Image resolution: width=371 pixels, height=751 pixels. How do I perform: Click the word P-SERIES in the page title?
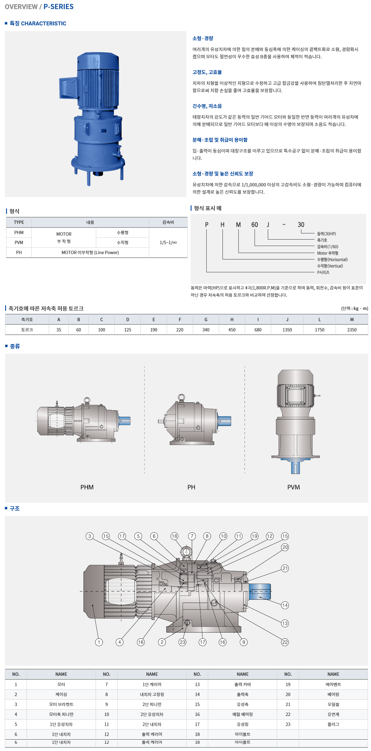[58, 7]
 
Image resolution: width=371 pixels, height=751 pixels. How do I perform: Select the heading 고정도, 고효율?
[207, 72]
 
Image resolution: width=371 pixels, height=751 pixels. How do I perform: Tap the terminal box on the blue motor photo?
[68, 87]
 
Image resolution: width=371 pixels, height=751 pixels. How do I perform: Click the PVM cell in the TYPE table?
[19, 243]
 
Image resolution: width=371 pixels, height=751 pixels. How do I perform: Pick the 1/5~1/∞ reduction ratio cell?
[168, 243]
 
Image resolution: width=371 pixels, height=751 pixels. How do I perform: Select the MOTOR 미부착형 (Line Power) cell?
[90, 253]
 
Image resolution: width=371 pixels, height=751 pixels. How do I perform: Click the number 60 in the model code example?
[254, 225]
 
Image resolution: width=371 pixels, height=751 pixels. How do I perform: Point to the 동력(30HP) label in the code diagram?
[326, 234]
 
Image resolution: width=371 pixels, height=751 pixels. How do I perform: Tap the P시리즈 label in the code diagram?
[323, 272]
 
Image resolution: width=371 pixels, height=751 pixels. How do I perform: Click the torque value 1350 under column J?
[287, 330]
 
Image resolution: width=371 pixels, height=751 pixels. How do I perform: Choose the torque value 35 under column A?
[59, 330]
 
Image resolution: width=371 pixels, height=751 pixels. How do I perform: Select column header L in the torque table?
[319, 320]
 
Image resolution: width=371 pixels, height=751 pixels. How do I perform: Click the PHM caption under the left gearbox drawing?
[87, 487]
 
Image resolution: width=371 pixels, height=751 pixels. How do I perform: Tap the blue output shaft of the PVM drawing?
[295, 467]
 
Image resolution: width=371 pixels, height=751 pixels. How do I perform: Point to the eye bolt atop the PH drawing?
[181, 397]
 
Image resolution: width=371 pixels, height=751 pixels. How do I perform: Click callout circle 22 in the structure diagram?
[285, 642]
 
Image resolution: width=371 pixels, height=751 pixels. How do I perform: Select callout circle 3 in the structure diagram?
[90, 536]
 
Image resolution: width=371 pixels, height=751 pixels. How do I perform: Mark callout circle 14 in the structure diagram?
[285, 605]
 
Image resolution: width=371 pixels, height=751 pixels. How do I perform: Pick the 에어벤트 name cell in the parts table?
[333, 685]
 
